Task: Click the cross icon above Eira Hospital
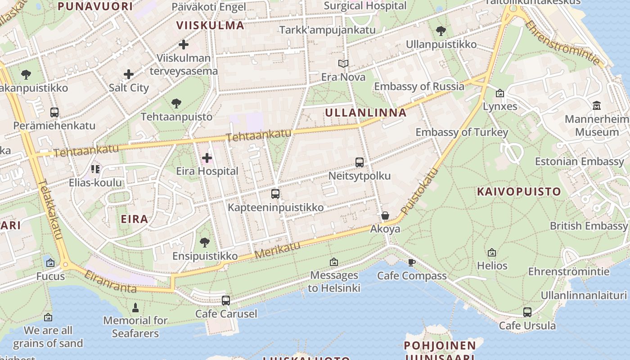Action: [x=207, y=158]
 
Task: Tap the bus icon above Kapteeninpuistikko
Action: [x=275, y=194]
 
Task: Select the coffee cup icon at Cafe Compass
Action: [x=411, y=262]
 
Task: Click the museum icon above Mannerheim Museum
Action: [x=597, y=105]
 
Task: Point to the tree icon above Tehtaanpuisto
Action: [x=176, y=103]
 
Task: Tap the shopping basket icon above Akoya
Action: [x=385, y=216]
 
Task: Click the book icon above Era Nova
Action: [x=343, y=64]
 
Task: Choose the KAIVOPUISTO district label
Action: [x=519, y=192]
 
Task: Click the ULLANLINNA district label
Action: [x=365, y=112]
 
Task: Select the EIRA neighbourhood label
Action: [x=135, y=219]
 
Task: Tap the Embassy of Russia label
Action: [x=419, y=86]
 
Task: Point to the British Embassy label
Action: [x=589, y=226]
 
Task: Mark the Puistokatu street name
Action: [x=419, y=191]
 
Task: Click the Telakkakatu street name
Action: [x=50, y=209]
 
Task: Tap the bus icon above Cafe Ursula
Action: [x=527, y=312]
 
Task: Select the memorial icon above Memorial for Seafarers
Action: [x=135, y=308]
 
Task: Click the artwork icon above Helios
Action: [x=492, y=252]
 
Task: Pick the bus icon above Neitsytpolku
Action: [x=359, y=162]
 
